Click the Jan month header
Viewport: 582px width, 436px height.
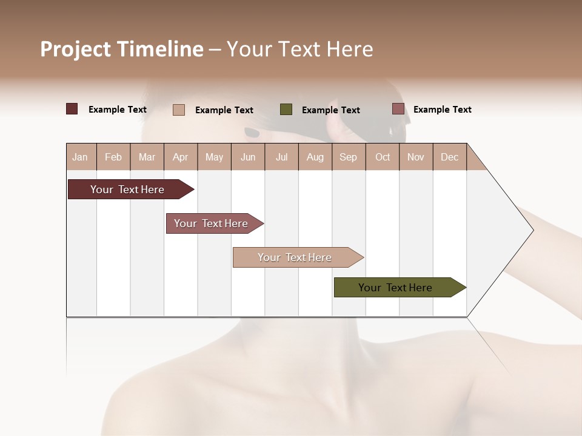pyautogui.click(x=80, y=157)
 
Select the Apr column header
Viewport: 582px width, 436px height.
pyautogui.click(x=180, y=157)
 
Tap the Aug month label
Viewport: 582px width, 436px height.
pyautogui.click(x=315, y=157)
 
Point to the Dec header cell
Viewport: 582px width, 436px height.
pyautogui.click(x=449, y=157)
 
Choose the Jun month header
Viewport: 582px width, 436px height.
pyautogui.click(x=248, y=157)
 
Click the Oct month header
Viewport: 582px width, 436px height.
pyautogui.click(x=383, y=157)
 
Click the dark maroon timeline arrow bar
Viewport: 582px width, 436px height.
pyautogui.click(x=127, y=190)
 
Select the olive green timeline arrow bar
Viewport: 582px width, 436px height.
pyautogui.click(x=395, y=288)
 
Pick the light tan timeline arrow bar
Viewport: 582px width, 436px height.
pyautogui.click(x=295, y=257)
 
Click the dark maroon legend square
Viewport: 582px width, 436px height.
pyautogui.click(x=72, y=109)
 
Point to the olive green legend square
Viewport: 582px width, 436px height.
pyautogui.click(x=286, y=109)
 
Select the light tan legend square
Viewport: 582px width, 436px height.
pyautogui.click(x=179, y=110)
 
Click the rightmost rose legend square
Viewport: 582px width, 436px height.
pyautogui.click(x=398, y=109)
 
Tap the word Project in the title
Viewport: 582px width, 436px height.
pyautogui.click(x=75, y=49)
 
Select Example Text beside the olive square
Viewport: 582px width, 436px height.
pyautogui.click(x=330, y=110)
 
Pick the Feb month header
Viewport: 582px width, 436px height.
pyautogui.click(x=113, y=157)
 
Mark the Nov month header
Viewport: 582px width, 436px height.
pyautogui.click(x=416, y=157)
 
